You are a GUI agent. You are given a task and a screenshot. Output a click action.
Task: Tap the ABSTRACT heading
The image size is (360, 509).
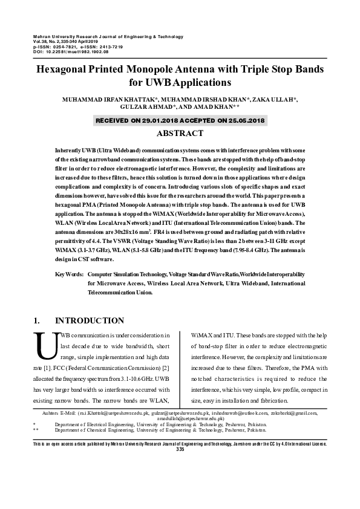[x=180, y=133]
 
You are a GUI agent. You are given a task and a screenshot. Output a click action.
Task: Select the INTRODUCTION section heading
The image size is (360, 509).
[x=90, y=320]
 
